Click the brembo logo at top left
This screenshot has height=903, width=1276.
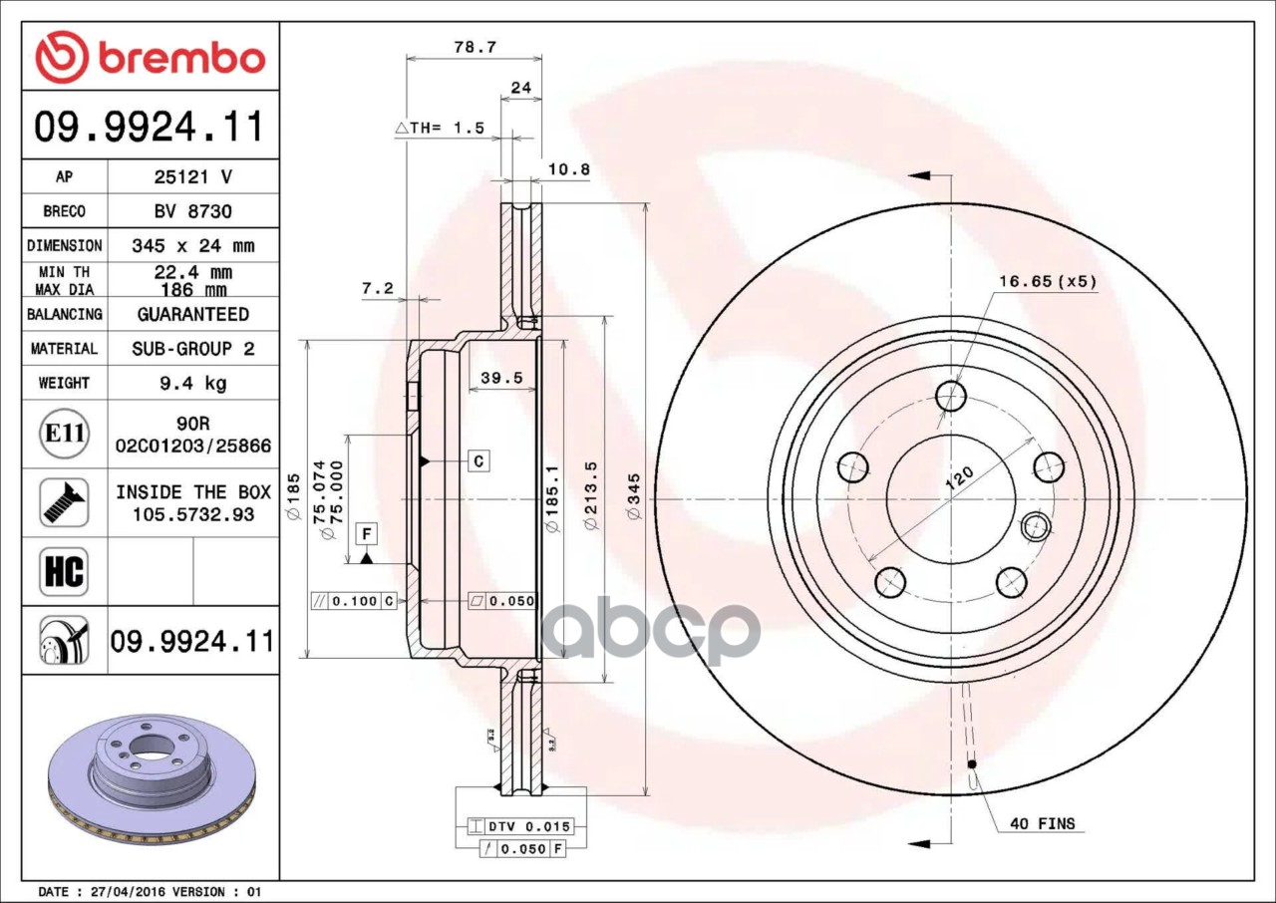[x=150, y=57]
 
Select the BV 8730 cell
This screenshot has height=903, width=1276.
[x=193, y=211]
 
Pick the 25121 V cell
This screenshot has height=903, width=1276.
[x=193, y=177]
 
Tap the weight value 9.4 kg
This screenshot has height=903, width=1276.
[x=193, y=383]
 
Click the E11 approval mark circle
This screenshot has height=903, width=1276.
[x=65, y=434]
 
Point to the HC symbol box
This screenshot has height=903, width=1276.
[x=65, y=572]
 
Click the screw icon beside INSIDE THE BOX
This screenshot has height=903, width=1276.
[x=65, y=502]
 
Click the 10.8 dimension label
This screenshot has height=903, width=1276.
[x=569, y=169]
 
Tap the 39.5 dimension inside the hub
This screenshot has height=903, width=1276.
[x=501, y=378]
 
